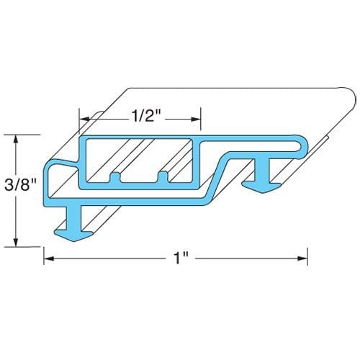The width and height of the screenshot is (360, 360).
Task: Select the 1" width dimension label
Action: (x=181, y=258)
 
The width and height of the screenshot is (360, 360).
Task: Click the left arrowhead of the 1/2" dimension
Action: (x=85, y=120)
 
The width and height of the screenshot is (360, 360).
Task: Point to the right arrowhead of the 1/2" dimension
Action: (x=196, y=120)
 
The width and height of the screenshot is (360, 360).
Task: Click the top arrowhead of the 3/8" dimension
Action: (x=16, y=140)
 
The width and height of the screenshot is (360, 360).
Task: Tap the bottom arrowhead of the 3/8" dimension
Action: (x=16, y=242)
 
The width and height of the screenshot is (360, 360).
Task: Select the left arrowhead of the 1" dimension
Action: (x=49, y=258)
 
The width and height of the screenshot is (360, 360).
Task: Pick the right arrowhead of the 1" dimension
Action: (x=302, y=258)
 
